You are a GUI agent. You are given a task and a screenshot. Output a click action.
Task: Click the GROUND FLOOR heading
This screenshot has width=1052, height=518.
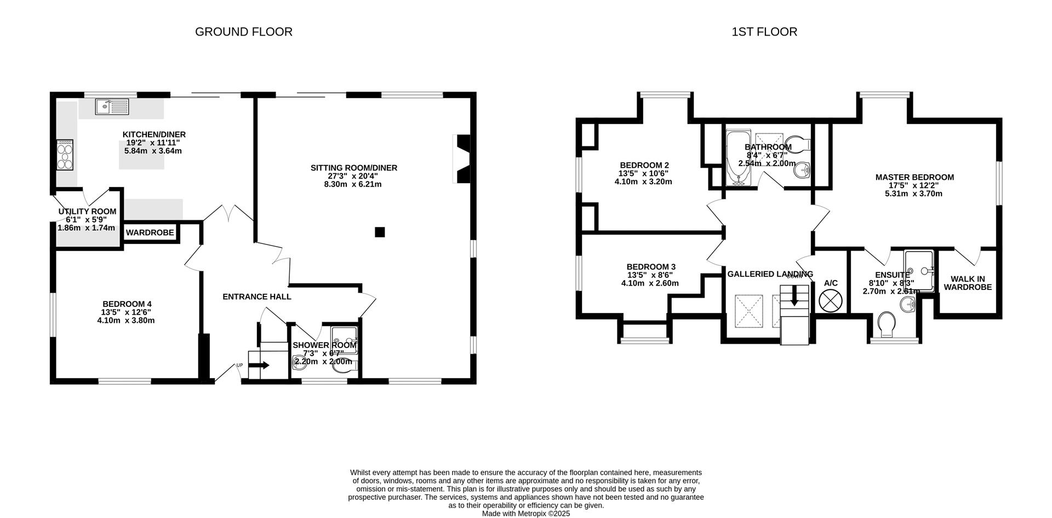[243, 32]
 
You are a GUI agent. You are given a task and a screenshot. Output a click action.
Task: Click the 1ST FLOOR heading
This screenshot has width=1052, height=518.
[764, 32]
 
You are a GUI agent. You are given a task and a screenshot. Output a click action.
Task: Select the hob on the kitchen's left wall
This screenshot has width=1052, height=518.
[65, 155]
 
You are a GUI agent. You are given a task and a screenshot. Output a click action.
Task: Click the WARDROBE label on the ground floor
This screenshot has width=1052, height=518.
[150, 233]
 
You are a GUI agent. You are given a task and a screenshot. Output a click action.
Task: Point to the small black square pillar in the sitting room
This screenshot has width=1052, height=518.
[380, 232]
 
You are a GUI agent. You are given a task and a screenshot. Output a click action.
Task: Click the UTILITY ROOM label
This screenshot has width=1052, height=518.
[87, 212]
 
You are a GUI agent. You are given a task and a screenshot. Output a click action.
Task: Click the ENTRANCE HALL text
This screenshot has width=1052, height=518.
[256, 297]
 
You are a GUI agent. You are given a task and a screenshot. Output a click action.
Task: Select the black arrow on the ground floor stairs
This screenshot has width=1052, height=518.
[262, 365]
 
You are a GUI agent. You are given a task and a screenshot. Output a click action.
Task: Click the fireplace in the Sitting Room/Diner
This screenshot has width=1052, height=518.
[462, 159]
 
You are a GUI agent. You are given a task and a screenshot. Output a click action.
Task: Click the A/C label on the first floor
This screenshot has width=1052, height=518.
[831, 283]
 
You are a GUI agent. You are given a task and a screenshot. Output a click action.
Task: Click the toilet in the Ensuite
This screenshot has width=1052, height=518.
[885, 326]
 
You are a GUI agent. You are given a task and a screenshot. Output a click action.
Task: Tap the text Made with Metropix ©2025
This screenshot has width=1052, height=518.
[525, 514]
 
